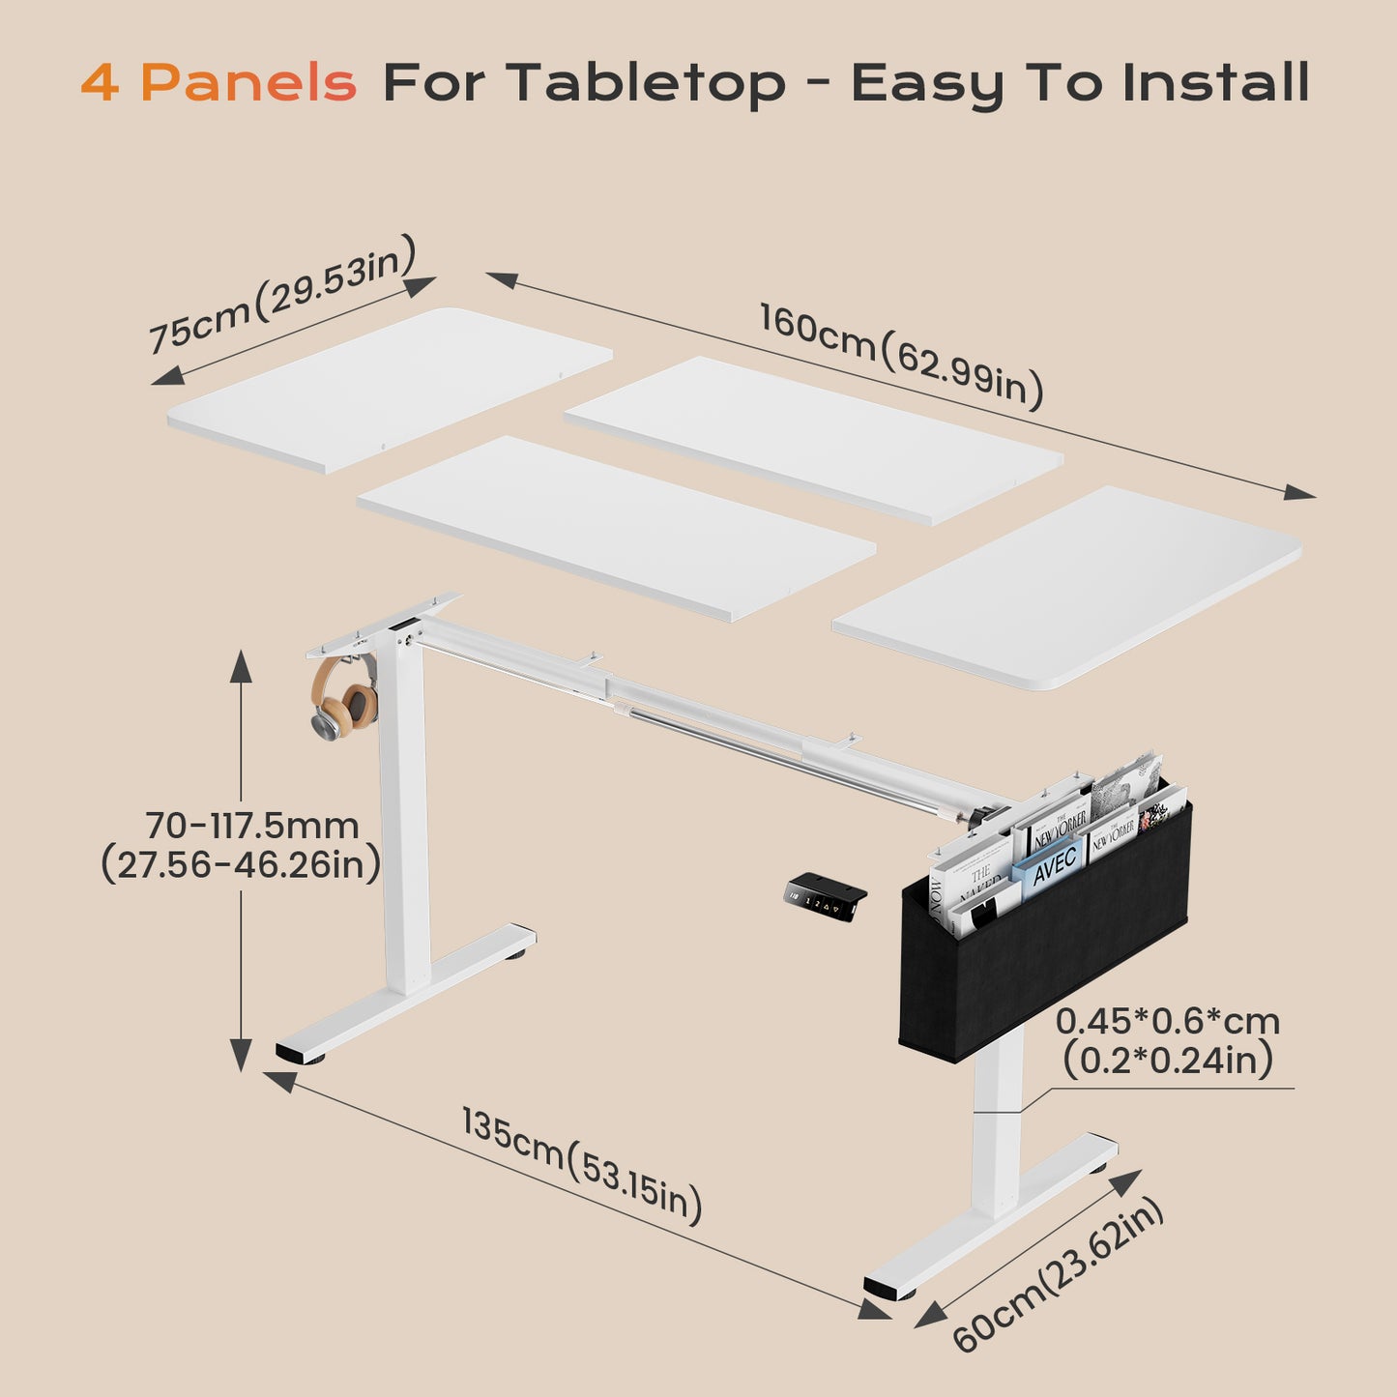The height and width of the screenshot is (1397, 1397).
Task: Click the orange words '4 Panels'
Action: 218,82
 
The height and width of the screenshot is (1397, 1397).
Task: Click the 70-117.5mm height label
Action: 252,826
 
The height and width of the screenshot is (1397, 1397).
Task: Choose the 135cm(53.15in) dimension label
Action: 581,1165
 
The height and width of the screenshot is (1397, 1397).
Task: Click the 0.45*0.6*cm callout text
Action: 1167,1021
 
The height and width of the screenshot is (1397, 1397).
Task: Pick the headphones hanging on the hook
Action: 343,698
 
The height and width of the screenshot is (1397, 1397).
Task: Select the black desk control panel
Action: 824,895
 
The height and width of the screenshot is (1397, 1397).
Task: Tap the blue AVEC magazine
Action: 1051,862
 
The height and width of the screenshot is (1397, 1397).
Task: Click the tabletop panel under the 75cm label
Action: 390,390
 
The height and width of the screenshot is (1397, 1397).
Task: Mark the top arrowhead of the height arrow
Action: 241,665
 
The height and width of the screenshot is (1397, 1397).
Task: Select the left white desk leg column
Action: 404,822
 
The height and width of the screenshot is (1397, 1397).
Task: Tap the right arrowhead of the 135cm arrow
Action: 874,1309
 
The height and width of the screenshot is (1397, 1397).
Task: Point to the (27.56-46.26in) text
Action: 241,864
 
